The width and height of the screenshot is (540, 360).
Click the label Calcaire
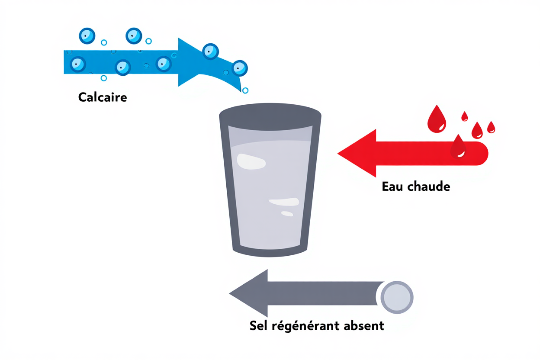pos(103,97)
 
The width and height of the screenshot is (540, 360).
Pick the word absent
pos(364,325)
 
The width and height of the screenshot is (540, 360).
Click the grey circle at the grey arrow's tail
pos(396,297)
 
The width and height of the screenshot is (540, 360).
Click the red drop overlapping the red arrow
pos(458,146)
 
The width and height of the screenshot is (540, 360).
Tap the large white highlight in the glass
pos(251,161)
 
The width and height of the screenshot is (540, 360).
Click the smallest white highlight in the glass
pos(287,213)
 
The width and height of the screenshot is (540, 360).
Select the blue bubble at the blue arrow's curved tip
pos(239,68)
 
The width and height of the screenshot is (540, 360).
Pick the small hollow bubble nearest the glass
pos(245,90)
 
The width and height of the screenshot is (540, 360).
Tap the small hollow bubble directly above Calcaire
pos(103,78)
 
